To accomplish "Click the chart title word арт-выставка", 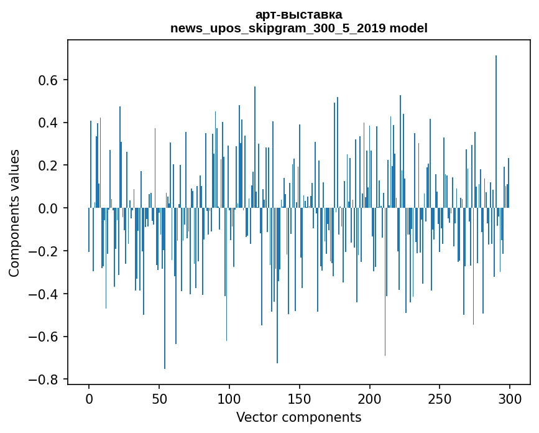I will (298, 14).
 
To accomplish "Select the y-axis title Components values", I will (14, 213).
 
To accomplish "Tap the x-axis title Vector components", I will (298, 417).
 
